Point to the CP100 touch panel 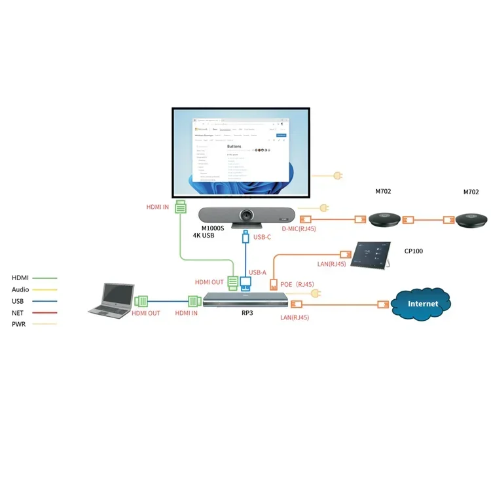tap(371, 254)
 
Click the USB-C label tap(263, 236)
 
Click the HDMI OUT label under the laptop tap(145, 313)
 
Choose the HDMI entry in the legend tap(20, 278)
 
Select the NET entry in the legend tap(18, 313)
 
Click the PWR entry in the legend tap(18, 325)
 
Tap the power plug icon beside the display tap(338, 175)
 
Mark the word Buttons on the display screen tap(234, 147)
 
